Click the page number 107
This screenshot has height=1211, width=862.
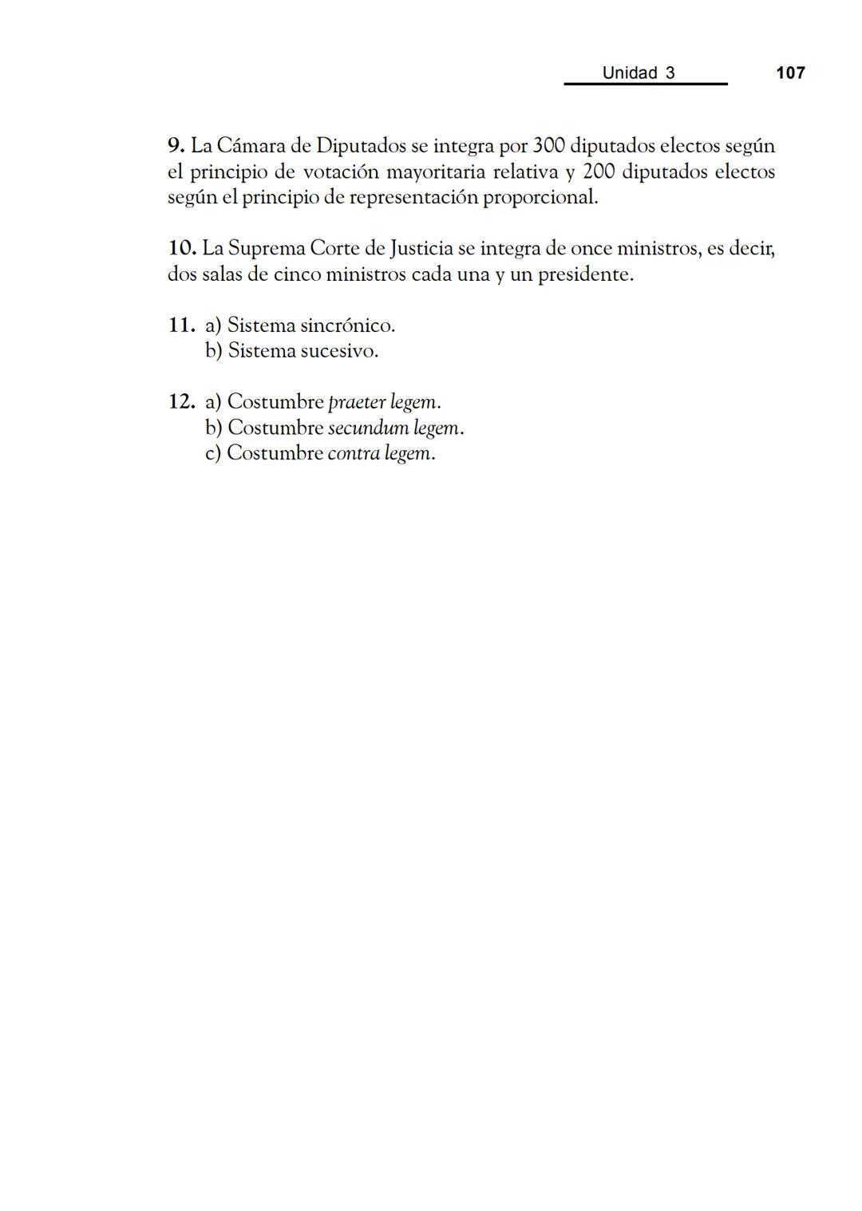(x=790, y=73)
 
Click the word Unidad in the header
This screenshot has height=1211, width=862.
(x=629, y=73)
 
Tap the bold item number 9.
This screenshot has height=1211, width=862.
(x=176, y=146)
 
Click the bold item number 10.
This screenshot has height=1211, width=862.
(x=182, y=248)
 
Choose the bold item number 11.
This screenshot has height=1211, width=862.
(x=181, y=325)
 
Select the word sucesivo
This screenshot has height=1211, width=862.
(x=338, y=351)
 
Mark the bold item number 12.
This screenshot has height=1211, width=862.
(x=181, y=401)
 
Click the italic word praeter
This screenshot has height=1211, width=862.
(x=357, y=402)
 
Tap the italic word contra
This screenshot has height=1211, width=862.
(x=353, y=453)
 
